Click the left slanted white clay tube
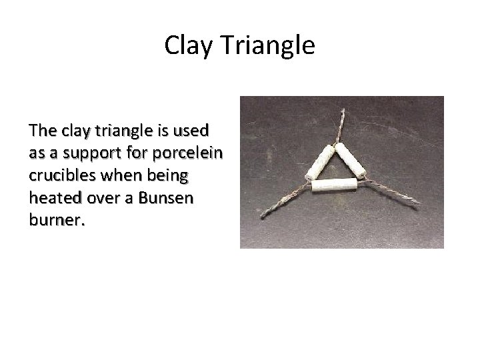[319, 163]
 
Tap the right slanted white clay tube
[350, 160]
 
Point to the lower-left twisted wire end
[281, 203]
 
